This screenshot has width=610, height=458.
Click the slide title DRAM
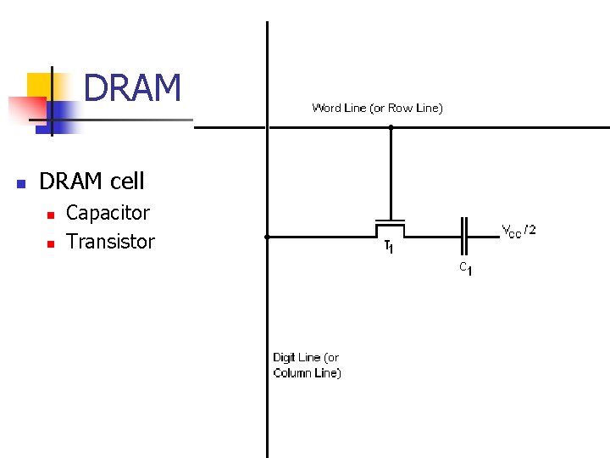pyautogui.click(x=133, y=87)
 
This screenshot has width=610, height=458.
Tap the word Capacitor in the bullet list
pyautogui.click(x=108, y=213)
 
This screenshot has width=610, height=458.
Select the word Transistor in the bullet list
pyautogui.click(x=110, y=242)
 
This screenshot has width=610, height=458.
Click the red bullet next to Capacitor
pyautogui.click(x=50, y=214)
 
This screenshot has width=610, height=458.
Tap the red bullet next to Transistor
pyautogui.click(x=50, y=243)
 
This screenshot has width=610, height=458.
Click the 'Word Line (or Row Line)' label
pyautogui.click(x=377, y=108)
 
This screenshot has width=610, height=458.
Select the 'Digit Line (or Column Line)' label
pyautogui.click(x=307, y=366)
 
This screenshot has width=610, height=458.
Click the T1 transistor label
pyautogui.click(x=388, y=248)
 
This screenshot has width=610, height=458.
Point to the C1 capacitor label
pyautogui.click(x=465, y=268)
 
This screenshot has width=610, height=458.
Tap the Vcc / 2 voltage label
pyautogui.click(x=518, y=230)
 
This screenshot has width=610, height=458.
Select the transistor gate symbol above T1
pyautogui.click(x=391, y=224)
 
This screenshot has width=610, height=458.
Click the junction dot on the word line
pyautogui.click(x=391, y=127)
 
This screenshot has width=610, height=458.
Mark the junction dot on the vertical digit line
pyautogui.click(x=267, y=237)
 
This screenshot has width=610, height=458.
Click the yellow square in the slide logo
pyautogui.click(x=40, y=85)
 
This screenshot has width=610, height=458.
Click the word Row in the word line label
pyautogui.click(x=399, y=108)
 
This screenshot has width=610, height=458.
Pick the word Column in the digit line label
pyautogui.click(x=303, y=373)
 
